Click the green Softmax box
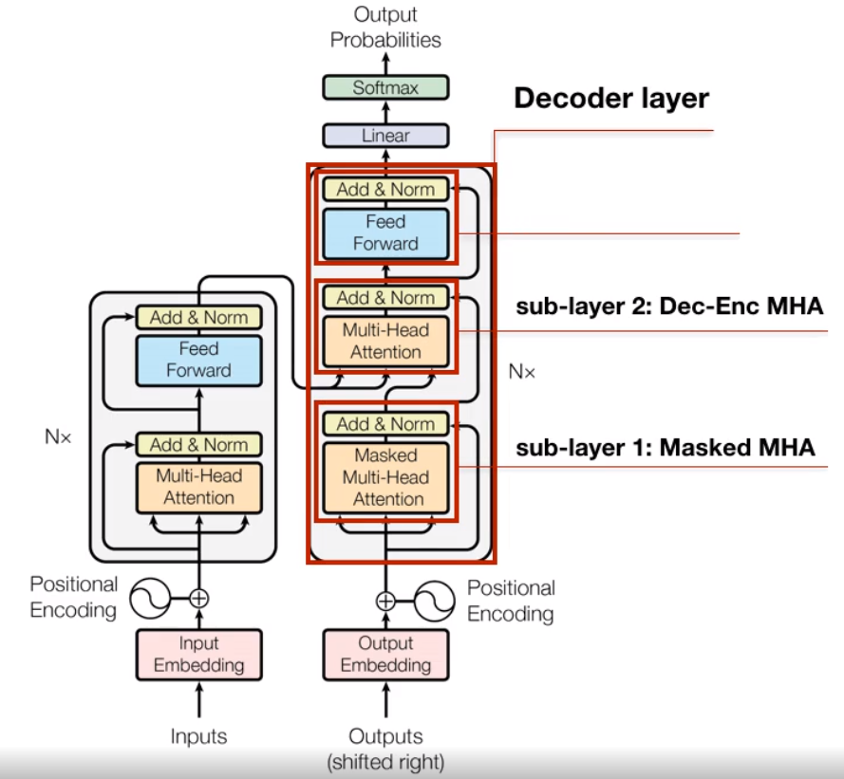[385, 87]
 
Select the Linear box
[385, 136]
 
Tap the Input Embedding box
[199, 655]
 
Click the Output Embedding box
[385, 655]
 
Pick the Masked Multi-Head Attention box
[385, 477]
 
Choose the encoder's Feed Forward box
[199, 361]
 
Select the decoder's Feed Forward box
[385, 233]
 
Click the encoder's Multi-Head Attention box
[199, 488]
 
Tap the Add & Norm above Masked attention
[385, 424]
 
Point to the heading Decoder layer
[611, 99]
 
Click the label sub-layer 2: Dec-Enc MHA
[669, 306]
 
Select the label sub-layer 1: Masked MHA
[666, 448]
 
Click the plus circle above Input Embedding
[199, 598]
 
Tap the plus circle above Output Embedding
[385, 601]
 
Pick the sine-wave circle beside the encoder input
[150, 598]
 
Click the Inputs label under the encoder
[198, 736]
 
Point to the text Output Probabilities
[385, 27]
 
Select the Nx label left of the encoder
[58, 436]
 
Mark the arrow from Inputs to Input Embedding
[199, 699]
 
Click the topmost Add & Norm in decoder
[385, 190]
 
